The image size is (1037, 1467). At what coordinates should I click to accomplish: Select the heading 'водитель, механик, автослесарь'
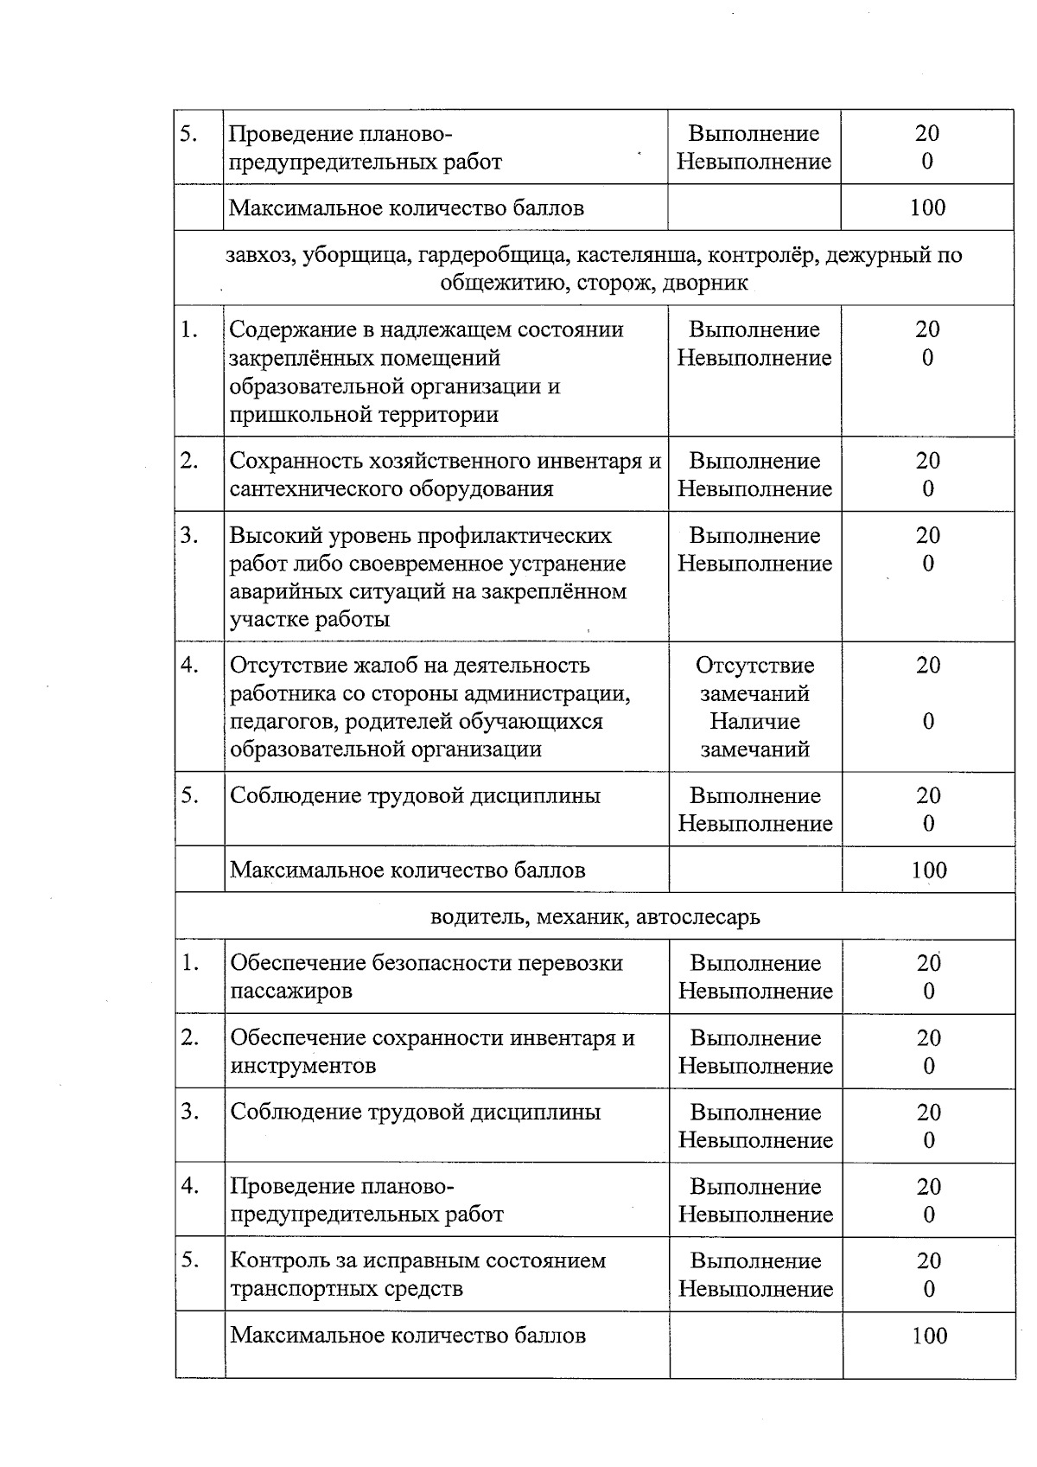coord(595,916)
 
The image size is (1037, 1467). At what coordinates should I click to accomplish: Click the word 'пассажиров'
coord(291,992)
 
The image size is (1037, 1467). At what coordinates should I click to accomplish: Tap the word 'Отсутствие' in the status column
coord(754,666)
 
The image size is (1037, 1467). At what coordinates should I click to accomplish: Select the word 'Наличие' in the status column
coord(754,721)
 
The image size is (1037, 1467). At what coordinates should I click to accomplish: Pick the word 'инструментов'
coord(302,1066)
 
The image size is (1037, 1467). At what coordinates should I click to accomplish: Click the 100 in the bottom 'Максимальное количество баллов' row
coord(929,1336)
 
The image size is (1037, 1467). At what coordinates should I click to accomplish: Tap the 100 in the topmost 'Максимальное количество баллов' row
coord(927,207)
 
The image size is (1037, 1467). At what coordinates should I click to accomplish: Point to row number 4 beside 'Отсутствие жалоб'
coord(190,666)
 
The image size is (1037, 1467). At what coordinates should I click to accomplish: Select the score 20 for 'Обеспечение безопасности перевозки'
coord(928,963)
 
